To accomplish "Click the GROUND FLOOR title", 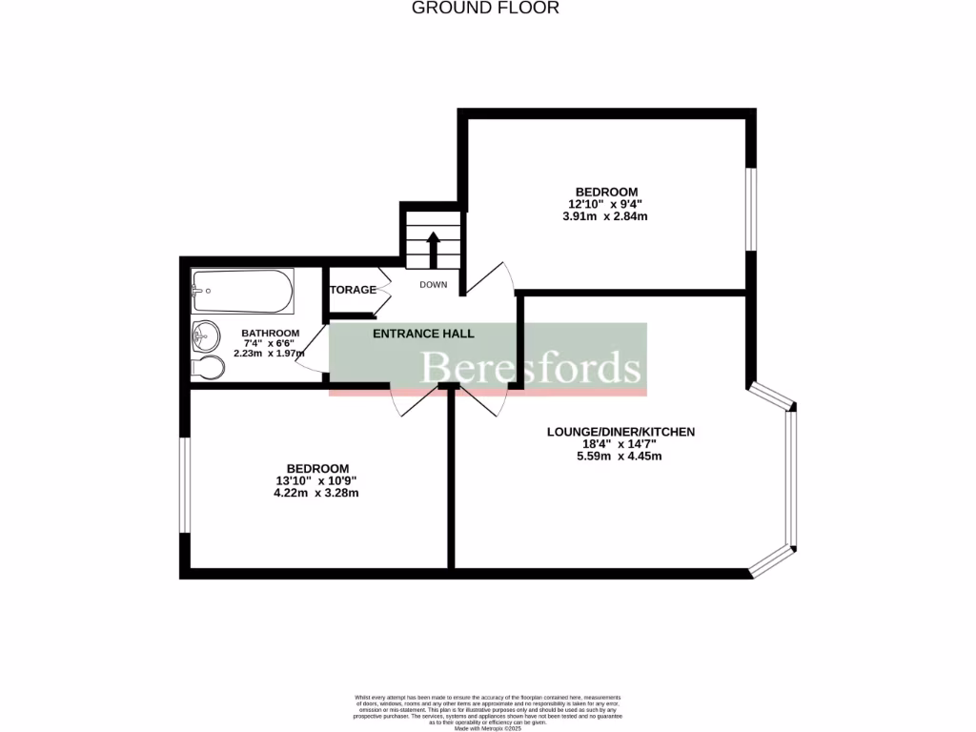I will pyautogui.click(x=485, y=9).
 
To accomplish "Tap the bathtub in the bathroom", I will pyautogui.click(x=242, y=292).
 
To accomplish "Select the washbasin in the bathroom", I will pyautogui.click(x=203, y=335).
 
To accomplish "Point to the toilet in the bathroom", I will pyautogui.click(x=208, y=368).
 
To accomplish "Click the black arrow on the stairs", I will pyautogui.click(x=432, y=249).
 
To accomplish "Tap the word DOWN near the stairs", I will pyautogui.click(x=433, y=285).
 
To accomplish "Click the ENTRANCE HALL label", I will pyautogui.click(x=423, y=334).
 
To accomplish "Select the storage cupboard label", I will pyautogui.click(x=353, y=290).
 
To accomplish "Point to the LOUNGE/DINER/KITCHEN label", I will pyautogui.click(x=620, y=432).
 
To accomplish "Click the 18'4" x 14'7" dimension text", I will pyautogui.click(x=620, y=444).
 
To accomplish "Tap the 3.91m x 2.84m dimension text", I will pyautogui.click(x=605, y=216).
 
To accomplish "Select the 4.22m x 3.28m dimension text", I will pyautogui.click(x=316, y=493).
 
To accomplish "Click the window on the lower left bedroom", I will pyautogui.click(x=185, y=485).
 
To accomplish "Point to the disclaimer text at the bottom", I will pyautogui.click(x=487, y=710).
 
